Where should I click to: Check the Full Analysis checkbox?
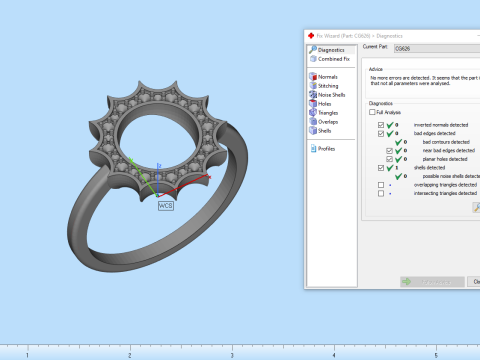coord(372,113)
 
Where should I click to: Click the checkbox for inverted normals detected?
coord(380,124)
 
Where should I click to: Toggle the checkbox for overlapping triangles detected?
coord(380,185)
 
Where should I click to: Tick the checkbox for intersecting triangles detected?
coord(380,194)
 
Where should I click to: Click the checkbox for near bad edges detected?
coord(389,150)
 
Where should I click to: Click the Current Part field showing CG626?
coord(435,48)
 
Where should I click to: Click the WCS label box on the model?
coord(166,205)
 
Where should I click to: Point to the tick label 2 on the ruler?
coord(129,354)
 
